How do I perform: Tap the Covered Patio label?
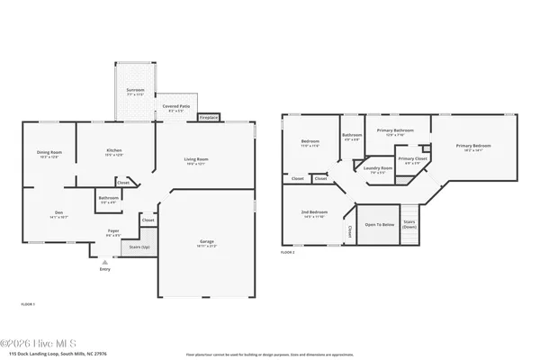click(x=175, y=107)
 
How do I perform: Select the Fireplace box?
click(x=209, y=118)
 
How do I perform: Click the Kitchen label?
click(x=113, y=151)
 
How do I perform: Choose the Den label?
click(x=57, y=214)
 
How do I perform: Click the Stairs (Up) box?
click(x=135, y=245)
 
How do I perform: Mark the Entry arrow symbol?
click(x=105, y=262)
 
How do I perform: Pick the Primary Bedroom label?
click(x=472, y=147)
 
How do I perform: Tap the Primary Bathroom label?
click(x=395, y=132)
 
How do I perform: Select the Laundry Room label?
click(x=377, y=169)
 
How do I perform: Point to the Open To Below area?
click(x=379, y=225)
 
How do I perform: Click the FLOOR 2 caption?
click(x=288, y=253)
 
